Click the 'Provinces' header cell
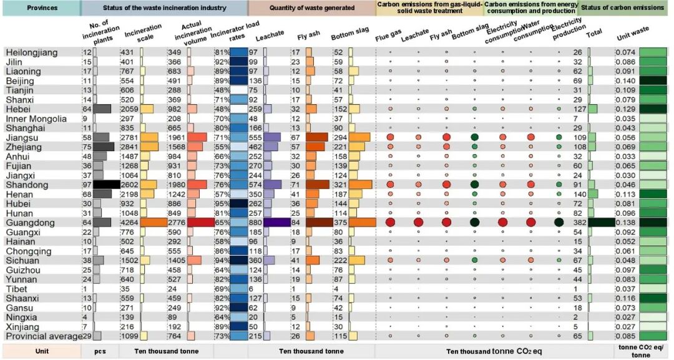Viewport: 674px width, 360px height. (41, 7)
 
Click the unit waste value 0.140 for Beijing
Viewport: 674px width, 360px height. (625, 80)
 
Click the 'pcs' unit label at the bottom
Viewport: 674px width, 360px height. (100, 351)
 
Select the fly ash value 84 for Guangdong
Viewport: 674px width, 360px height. (296, 223)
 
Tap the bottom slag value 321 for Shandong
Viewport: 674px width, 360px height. (339, 185)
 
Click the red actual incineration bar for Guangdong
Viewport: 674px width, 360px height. (201, 223)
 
